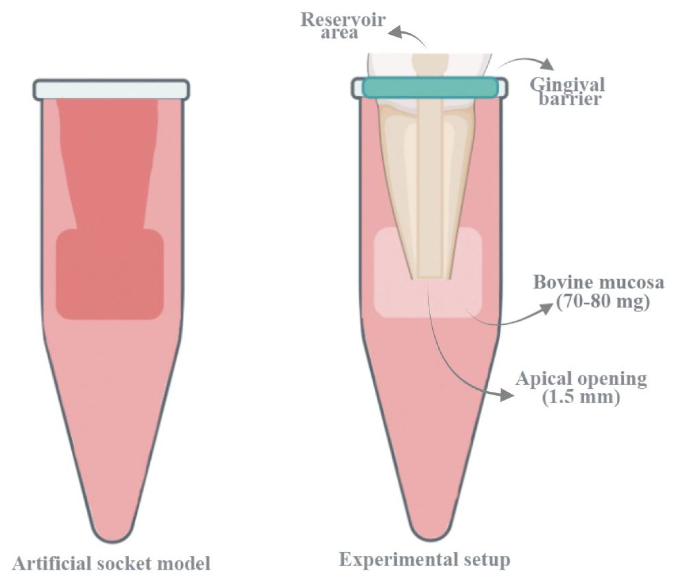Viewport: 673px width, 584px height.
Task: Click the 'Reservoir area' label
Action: click(x=343, y=26)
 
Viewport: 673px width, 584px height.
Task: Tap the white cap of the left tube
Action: click(x=111, y=89)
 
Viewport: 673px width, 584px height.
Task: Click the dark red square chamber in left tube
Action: click(x=110, y=275)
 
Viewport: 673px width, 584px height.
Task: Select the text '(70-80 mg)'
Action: click(x=602, y=302)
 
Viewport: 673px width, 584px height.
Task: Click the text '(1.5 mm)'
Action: click(x=581, y=397)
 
